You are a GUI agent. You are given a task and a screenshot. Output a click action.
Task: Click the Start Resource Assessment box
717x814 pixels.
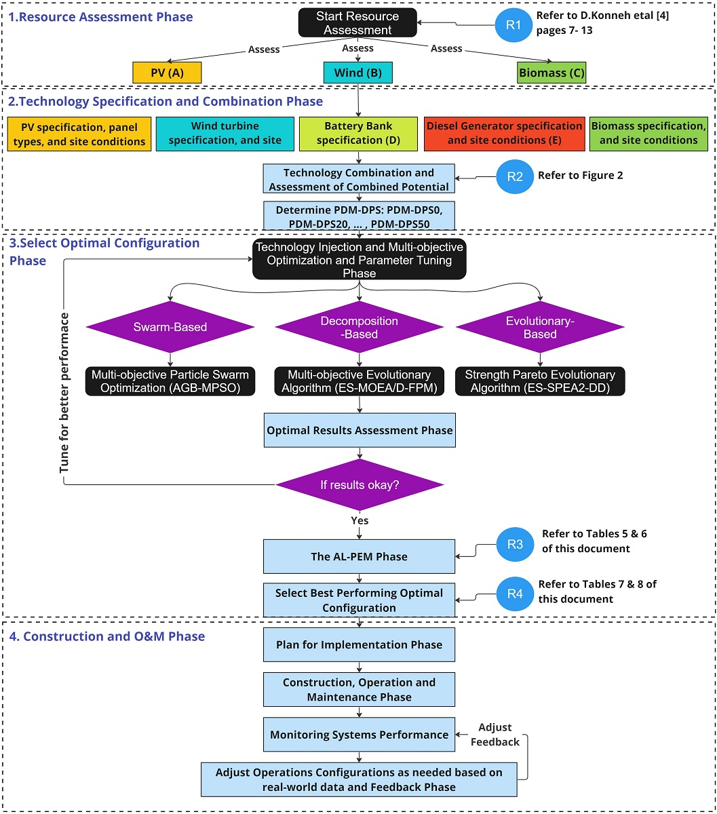[x=357, y=23]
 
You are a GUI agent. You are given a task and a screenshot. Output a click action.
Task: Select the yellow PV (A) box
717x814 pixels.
[x=167, y=73]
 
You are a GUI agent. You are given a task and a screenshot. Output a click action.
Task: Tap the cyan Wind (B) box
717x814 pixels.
[x=357, y=73]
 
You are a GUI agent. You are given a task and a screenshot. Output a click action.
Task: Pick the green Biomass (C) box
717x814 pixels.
[x=551, y=73]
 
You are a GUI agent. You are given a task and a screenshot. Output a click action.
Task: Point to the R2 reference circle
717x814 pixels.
[x=515, y=176]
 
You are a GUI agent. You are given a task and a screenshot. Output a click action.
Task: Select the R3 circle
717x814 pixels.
[x=515, y=544]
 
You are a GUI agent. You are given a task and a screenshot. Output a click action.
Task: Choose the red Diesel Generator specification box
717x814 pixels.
[x=504, y=133]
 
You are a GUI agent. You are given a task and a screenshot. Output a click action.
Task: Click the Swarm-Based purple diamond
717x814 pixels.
[x=170, y=327]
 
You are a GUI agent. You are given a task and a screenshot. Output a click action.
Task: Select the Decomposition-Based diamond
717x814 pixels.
[x=359, y=327]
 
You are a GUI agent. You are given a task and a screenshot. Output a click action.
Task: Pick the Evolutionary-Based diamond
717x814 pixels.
[x=540, y=327]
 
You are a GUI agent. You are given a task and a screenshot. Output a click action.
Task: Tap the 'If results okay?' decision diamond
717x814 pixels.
[x=359, y=485]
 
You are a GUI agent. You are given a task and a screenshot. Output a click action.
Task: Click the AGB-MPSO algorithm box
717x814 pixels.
[x=170, y=381]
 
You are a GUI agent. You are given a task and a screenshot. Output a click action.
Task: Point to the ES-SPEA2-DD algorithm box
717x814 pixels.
[x=540, y=381]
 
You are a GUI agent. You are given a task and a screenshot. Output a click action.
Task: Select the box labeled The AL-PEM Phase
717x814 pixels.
[x=359, y=557]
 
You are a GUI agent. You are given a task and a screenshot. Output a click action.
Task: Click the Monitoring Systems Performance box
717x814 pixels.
[x=359, y=735]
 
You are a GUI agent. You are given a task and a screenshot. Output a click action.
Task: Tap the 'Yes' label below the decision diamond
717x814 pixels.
[x=360, y=520]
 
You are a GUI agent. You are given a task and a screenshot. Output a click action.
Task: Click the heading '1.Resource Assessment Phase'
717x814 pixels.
[x=101, y=17]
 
